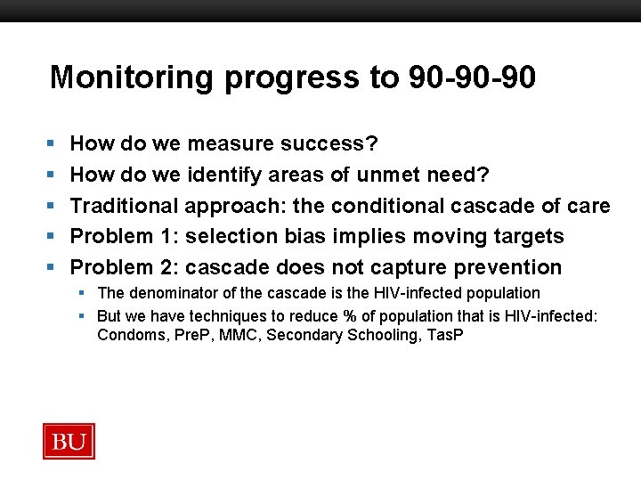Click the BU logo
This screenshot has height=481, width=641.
coord(69,441)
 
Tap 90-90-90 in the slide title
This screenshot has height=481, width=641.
coord(472,78)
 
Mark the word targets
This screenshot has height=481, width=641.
coord(526,237)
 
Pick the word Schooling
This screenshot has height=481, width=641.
coord(375,336)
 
